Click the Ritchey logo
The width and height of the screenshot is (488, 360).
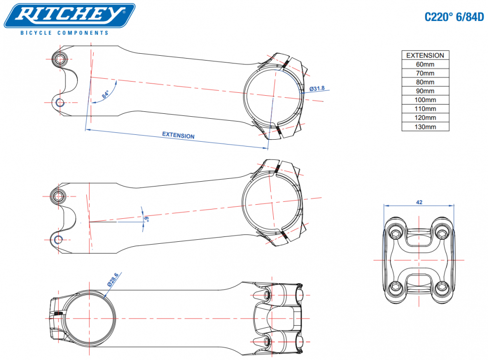(70, 16)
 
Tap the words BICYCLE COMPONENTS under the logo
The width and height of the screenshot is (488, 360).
(64, 33)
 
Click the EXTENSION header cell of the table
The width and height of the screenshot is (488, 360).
(425, 55)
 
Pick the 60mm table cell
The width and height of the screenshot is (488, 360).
(425, 64)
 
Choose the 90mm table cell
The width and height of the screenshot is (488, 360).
(425, 91)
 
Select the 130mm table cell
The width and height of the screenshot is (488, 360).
(425, 127)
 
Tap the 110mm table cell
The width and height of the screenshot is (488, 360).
(425, 109)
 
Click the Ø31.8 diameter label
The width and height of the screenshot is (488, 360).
(317, 88)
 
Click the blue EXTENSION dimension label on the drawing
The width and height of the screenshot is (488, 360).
(178, 135)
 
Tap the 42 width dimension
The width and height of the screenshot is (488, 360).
(419, 202)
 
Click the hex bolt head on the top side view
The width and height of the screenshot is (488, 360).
(61, 59)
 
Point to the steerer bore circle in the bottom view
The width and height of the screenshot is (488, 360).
(88, 318)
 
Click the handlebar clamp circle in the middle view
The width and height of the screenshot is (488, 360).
(272, 204)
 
